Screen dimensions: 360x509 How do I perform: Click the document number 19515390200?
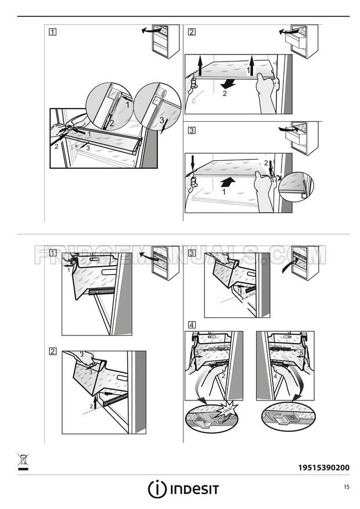tap(323, 467)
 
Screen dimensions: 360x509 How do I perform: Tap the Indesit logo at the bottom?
tap(183, 489)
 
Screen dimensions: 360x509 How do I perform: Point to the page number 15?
tap(347, 487)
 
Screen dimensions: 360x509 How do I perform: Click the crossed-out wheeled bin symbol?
tap(23, 462)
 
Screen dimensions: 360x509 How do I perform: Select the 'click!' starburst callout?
tap(229, 410)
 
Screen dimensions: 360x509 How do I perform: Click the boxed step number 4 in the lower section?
tap(192, 325)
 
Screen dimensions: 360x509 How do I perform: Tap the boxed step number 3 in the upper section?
tap(192, 131)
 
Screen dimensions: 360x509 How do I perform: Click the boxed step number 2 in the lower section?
tap(53, 351)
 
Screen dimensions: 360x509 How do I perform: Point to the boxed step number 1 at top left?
tap(53, 32)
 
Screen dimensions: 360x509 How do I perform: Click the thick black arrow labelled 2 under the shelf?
tap(228, 84)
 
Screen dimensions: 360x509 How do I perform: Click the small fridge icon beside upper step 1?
tap(165, 41)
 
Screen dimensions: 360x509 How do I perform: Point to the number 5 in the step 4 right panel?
tap(301, 353)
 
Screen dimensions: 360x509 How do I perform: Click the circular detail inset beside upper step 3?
tap(296, 187)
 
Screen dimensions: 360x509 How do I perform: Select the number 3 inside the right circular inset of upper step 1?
tap(161, 120)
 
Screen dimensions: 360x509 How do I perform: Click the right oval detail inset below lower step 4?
tap(289, 417)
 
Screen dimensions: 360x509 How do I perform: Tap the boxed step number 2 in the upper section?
tap(192, 32)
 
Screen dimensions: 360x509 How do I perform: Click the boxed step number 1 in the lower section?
tap(53, 253)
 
